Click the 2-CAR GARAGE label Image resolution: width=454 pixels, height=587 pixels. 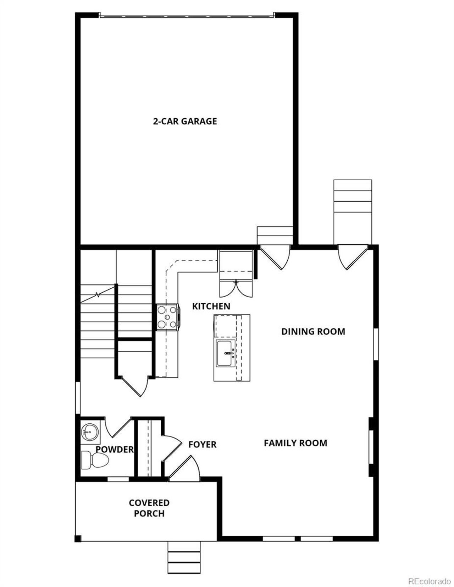click(185, 121)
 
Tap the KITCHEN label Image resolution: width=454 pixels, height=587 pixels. click(211, 306)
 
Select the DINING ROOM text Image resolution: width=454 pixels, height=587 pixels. click(313, 332)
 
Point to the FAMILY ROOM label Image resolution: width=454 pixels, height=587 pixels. click(295, 443)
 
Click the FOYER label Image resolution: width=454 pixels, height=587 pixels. click(202, 444)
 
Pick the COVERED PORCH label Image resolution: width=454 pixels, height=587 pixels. click(149, 508)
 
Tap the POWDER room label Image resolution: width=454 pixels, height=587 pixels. click(115, 449)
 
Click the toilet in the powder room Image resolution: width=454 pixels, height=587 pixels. click(95, 460)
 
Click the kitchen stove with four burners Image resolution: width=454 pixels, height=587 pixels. click(167, 317)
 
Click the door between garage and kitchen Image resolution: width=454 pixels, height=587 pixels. click(275, 257)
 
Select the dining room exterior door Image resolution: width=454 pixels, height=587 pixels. click(353, 257)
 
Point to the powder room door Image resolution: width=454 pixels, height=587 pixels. click(119, 427)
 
